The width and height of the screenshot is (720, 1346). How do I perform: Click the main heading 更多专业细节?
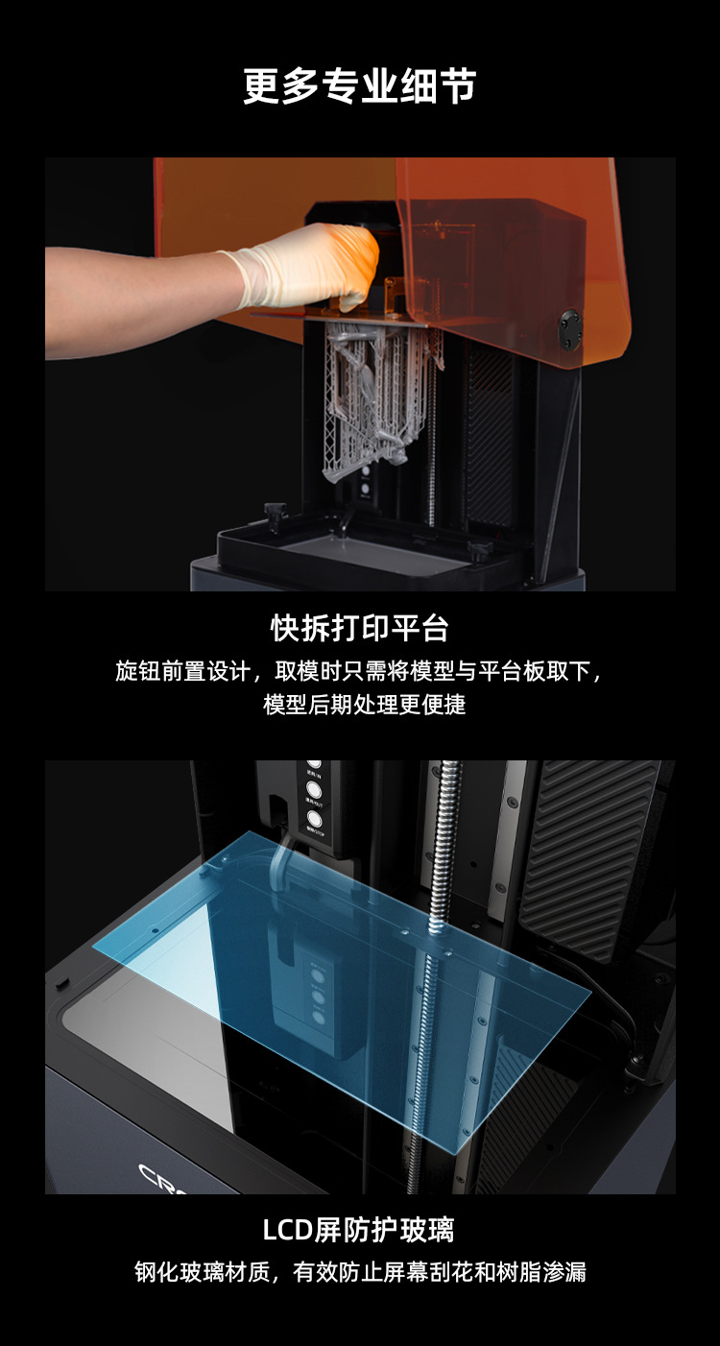pos(359,86)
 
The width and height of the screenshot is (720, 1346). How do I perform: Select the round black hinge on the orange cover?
pos(569,329)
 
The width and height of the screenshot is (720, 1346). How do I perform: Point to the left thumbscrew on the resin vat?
pos(274,515)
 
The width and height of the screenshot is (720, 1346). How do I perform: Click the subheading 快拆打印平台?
pos(359,629)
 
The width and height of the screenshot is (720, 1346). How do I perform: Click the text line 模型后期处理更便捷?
pos(364,705)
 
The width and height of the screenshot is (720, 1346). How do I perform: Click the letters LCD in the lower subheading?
pos(288,1231)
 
